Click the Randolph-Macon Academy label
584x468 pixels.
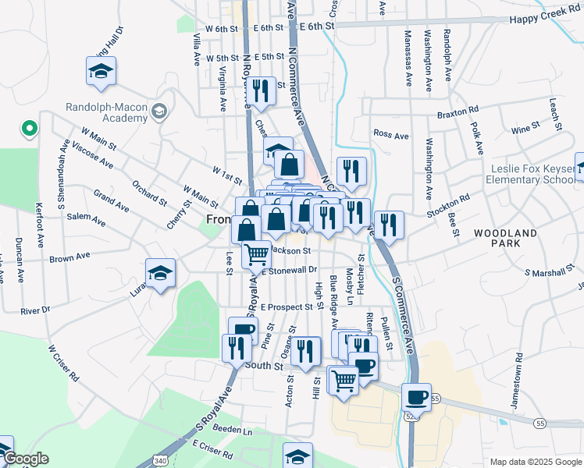point(107,112)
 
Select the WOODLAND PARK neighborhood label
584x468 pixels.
point(505,239)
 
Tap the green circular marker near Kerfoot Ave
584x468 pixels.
point(29,128)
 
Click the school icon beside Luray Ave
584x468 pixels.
point(161,274)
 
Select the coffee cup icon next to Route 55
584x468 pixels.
point(417,397)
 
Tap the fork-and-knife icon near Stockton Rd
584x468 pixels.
point(389,225)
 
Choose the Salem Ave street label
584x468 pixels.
point(86,221)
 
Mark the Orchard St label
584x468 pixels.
point(149,194)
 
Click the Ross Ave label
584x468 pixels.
point(391,136)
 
